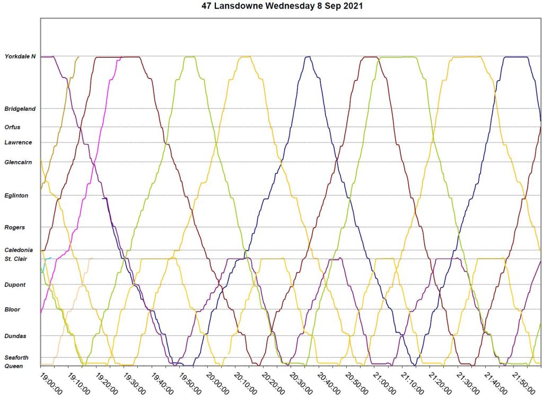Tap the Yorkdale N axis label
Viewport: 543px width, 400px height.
(x=20, y=56)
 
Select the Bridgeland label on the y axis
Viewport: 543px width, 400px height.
(x=20, y=109)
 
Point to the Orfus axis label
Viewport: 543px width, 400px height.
(x=13, y=127)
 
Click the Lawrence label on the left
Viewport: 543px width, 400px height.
(x=18, y=143)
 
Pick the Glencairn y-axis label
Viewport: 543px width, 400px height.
(x=19, y=162)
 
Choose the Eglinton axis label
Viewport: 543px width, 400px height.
(x=16, y=195)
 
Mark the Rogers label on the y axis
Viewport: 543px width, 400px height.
(x=14, y=227)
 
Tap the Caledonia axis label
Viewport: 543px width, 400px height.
(x=19, y=250)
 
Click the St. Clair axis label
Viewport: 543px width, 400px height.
(x=16, y=259)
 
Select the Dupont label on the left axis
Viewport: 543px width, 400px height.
(x=15, y=285)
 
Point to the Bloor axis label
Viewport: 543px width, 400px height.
(x=12, y=309)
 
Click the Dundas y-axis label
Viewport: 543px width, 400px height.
(x=15, y=336)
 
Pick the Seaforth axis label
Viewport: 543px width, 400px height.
(x=16, y=358)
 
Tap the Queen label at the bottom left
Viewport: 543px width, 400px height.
(x=13, y=366)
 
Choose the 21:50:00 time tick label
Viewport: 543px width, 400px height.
(x=523, y=383)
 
